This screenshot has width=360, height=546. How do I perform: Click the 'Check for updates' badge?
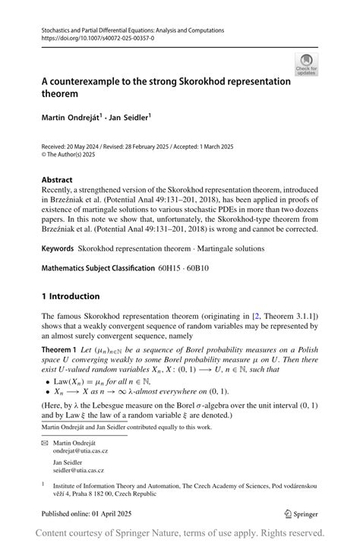click(306, 65)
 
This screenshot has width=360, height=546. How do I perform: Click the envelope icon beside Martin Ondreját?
click(45, 440)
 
